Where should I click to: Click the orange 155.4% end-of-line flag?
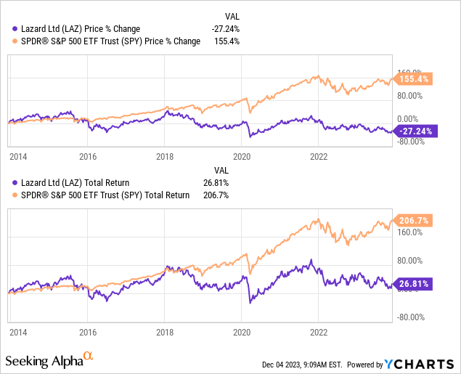(413, 78)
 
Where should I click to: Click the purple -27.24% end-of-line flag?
(413, 131)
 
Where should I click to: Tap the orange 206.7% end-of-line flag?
(413, 219)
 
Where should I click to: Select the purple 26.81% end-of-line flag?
(413, 284)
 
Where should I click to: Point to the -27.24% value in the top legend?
(224, 28)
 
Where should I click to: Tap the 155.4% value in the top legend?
(227, 41)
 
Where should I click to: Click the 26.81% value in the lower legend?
(226, 182)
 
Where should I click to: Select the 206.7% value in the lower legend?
(227, 195)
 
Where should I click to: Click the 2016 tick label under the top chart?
(88, 156)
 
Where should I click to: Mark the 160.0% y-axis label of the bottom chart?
(411, 233)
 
